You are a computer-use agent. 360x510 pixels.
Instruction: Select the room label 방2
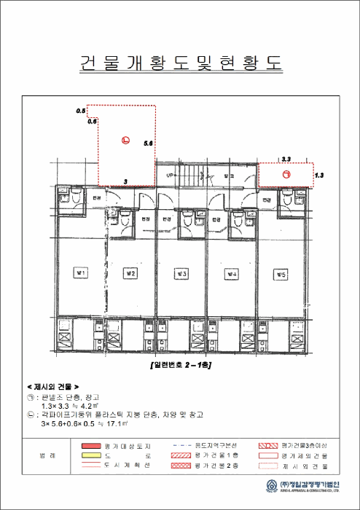point(132,273)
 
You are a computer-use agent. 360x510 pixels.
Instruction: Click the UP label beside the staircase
point(170,176)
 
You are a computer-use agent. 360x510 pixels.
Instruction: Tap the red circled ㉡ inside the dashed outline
point(125,141)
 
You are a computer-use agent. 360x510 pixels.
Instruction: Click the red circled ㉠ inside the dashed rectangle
point(286,175)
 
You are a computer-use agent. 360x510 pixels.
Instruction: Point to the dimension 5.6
point(148,144)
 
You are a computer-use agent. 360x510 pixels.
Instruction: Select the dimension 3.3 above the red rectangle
point(286,158)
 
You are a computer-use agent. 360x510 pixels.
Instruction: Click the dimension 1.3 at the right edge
point(319,176)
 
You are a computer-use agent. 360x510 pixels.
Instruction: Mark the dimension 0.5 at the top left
point(81,111)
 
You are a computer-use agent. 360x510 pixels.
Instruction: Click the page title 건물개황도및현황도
point(179,63)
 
